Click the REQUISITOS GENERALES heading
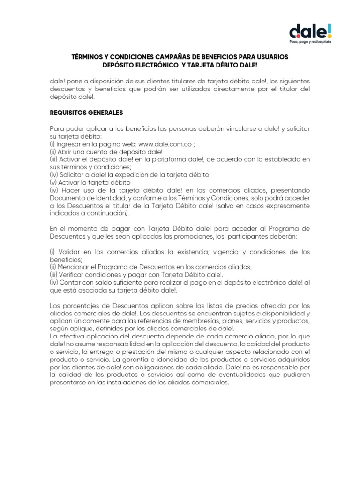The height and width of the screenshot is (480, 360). point(86,112)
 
